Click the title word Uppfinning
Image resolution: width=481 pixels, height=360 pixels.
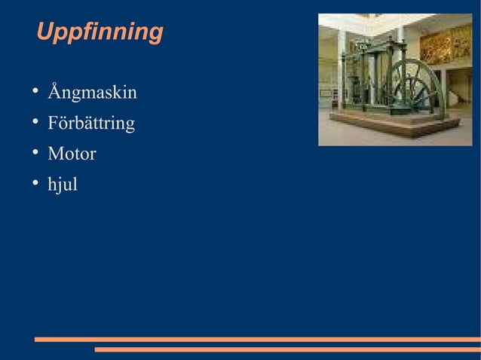tap(99, 32)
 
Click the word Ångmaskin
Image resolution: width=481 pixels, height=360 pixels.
tap(92, 93)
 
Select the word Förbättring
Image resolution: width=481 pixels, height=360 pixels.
tap(91, 124)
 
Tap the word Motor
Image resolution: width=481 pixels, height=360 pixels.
tap(72, 154)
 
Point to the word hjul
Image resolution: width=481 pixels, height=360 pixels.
tap(63, 185)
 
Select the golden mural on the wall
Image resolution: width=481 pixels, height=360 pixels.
tap(444, 45)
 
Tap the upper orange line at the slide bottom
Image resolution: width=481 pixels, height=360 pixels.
tap(256, 340)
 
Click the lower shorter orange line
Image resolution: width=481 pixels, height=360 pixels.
tap(286, 349)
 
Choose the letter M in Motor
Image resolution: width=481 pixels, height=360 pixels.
tap(55, 154)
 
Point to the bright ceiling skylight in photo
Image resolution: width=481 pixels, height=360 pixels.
tap(377, 20)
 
